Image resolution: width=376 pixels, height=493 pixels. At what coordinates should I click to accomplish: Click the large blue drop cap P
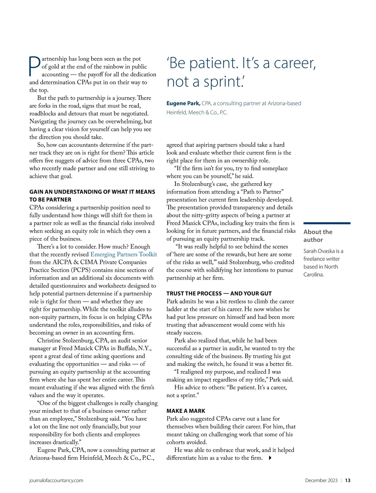click(35, 66)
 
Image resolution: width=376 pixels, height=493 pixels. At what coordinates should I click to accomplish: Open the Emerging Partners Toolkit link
click(123, 254)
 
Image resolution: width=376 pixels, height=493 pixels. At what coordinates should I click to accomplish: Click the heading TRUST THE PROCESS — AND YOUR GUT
click(219, 293)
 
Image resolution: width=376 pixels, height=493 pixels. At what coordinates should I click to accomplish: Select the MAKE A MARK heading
click(186, 411)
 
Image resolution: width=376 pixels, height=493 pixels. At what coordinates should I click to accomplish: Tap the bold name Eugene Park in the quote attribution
click(183, 103)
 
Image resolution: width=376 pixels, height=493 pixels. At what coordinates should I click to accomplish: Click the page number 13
click(348, 480)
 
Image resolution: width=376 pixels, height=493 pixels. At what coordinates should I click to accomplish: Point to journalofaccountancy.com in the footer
click(56, 480)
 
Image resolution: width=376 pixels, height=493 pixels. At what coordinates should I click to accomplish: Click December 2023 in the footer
click(321, 480)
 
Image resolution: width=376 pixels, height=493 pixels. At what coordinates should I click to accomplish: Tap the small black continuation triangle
click(270, 458)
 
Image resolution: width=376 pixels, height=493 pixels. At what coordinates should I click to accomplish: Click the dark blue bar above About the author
click(327, 223)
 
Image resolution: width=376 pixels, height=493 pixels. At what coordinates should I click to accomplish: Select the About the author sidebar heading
click(318, 236)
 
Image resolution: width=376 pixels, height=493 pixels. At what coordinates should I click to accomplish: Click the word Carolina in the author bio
click(313, 275)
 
